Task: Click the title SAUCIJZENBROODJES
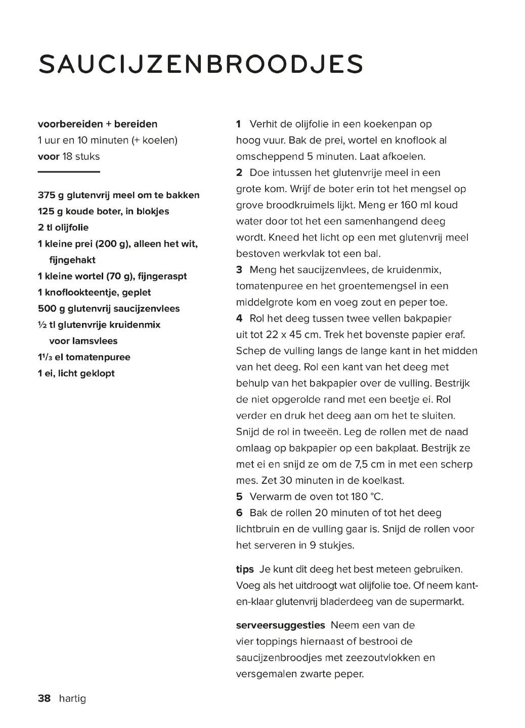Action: point(201,64)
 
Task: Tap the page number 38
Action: point(45,699)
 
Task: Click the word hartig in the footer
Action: point(72,699)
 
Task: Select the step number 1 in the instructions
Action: point(239,124)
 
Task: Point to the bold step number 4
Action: point(239,318)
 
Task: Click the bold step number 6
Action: point(239,513)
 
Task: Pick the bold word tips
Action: point(245,569)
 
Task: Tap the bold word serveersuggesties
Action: point(280,625)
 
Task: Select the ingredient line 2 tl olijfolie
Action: point(63,227)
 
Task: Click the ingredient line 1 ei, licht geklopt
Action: point(76,374)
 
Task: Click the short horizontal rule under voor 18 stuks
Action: point(69,172)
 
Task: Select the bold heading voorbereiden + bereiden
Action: point(98,124)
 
